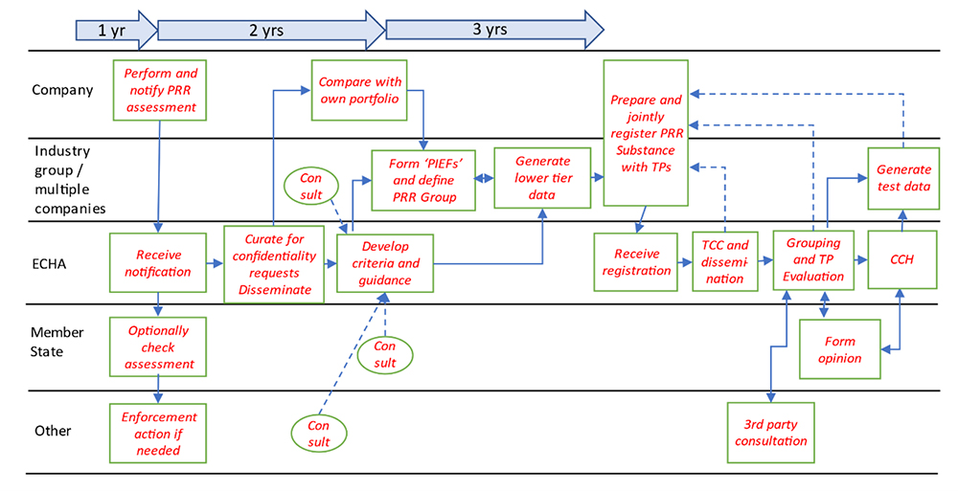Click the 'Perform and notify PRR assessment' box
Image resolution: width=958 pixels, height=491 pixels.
160,89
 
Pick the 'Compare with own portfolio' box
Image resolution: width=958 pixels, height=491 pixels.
360,90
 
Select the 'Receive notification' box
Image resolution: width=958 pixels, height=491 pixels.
159,263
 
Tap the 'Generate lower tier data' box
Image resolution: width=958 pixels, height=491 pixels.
542,178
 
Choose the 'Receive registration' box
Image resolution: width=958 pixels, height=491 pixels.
637,262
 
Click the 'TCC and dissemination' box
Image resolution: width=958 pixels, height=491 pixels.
725,262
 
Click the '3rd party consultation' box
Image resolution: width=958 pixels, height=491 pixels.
769,432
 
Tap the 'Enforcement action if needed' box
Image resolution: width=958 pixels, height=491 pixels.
159,433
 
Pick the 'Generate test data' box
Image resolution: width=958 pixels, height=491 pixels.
902,178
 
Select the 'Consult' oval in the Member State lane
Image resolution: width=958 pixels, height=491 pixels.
384,355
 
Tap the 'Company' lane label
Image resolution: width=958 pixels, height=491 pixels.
62,91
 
